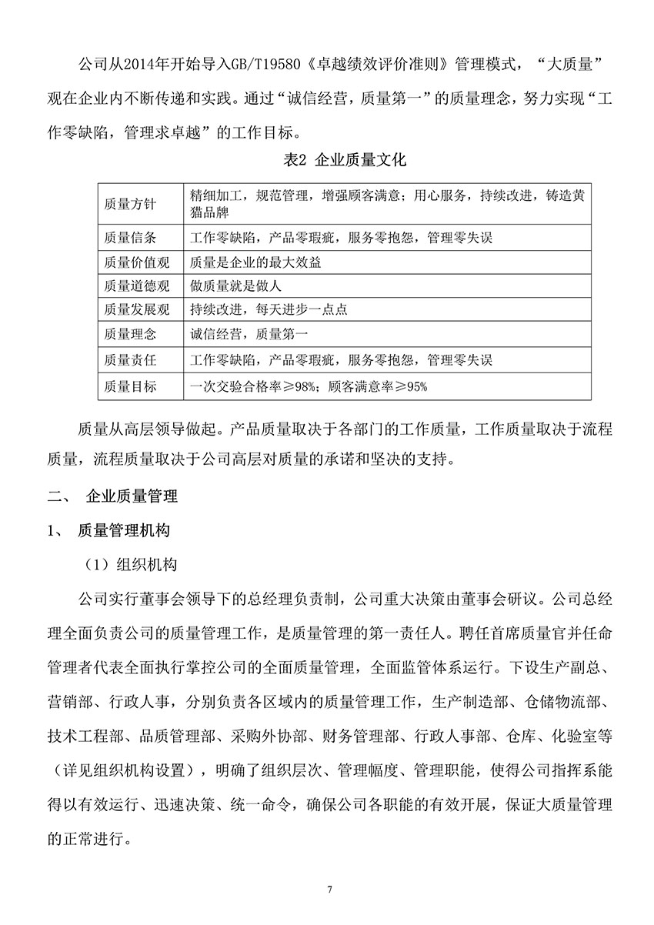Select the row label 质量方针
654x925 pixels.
130,204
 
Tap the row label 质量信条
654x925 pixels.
130,238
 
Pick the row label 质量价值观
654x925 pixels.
135,262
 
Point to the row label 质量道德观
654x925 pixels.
135,286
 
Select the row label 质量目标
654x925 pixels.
130,386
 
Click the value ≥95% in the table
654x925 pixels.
410,386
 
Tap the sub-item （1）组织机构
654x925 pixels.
131,564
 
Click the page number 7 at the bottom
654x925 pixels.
329,890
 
